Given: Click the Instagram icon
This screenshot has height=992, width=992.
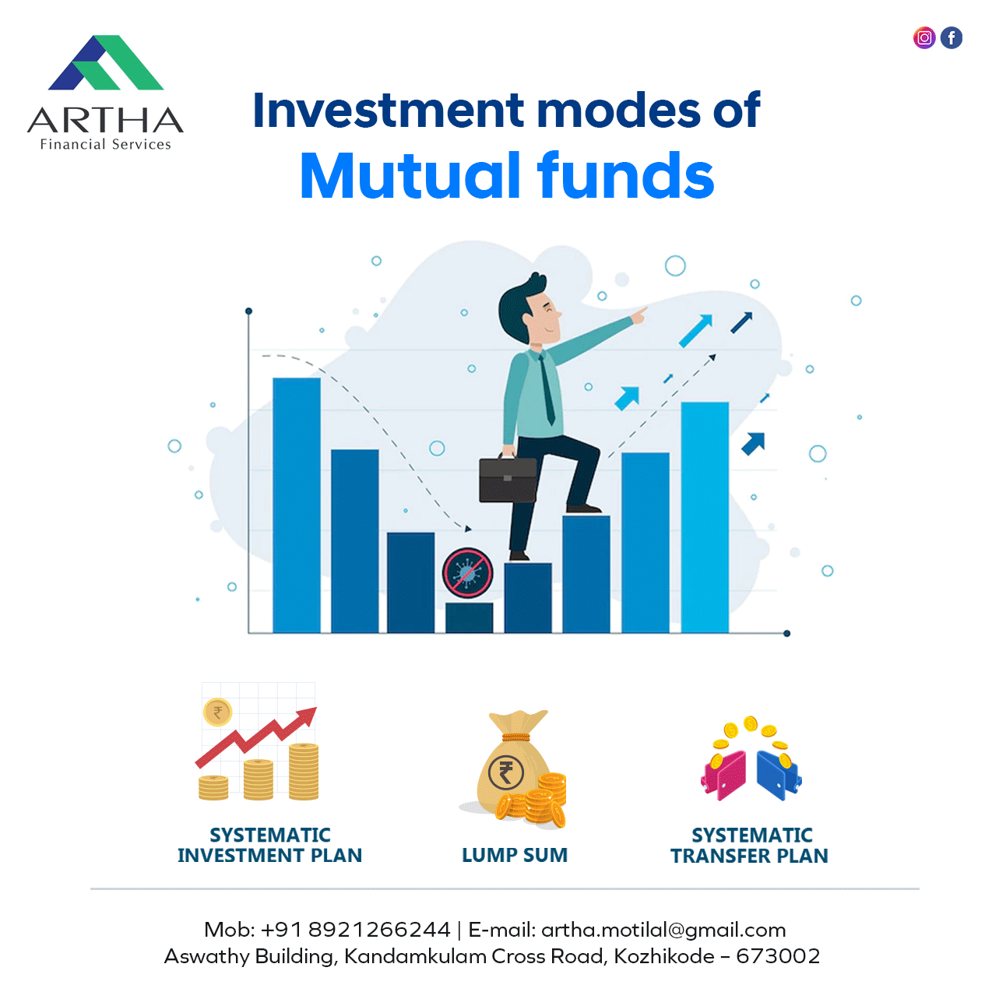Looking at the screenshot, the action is (924, 38).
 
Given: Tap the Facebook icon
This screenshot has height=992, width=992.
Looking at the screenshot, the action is (952, 38).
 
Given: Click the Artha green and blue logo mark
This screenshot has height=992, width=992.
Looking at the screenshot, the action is (106, 62).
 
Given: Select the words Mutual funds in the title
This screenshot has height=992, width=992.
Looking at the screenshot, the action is (507, 175).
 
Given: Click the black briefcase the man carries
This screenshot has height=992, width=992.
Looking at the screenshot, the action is (508, 479).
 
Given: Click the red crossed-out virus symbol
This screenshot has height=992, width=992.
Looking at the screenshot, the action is (467, 572).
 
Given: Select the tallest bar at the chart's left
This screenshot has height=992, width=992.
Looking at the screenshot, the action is (297, 505).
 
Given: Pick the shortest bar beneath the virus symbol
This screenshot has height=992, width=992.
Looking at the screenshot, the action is (469, 617).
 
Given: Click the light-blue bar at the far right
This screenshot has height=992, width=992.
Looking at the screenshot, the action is (705, 517).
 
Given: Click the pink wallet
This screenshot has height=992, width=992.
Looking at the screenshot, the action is (723, 776).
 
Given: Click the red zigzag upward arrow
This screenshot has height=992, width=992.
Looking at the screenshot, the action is (256, 737).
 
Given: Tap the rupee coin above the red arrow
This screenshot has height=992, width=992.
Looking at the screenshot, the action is (218, 712).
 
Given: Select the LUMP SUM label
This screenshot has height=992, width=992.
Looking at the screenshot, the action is (515, 855).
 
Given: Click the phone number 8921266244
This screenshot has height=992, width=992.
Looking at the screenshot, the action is (379, 930).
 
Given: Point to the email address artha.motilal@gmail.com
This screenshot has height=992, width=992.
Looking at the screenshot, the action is (663, 930).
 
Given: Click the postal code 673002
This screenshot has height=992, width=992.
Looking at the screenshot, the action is (778, 956).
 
